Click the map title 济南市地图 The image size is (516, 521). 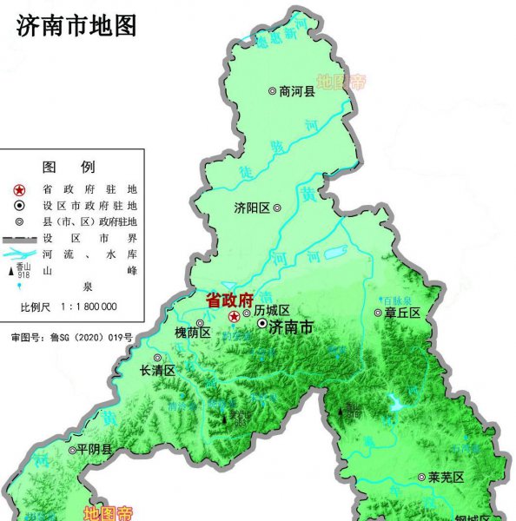[x=77, y=25]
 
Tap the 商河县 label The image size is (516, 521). [x=298, y=90]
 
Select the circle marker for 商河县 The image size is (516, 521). [x=272, y=90]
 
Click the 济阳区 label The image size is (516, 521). [x=252, y=208]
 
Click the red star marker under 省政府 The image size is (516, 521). [x=234, y=317]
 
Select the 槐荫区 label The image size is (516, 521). [x=192, y=333]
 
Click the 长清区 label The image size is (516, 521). [x=158, y=370]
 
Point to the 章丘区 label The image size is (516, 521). [x=403, y=313]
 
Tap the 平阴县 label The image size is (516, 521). [x=95, y=450]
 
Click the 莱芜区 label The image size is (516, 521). [x=447, y=478]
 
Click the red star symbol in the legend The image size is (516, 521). [x=20, y=189]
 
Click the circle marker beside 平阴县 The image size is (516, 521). [x=71, y=450]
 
